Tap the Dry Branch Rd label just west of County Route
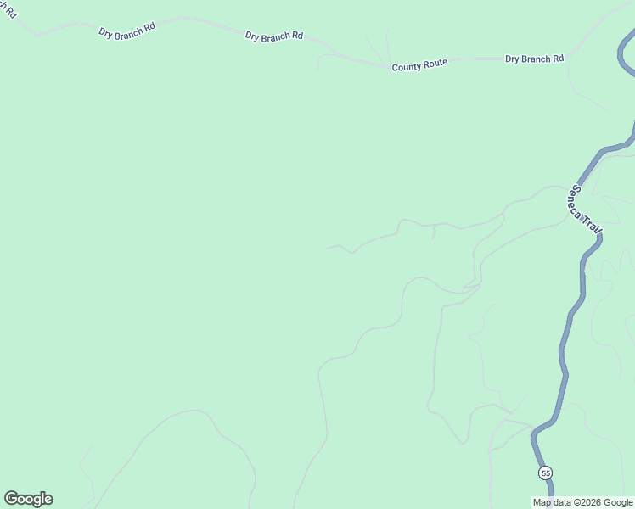tap(273, 36)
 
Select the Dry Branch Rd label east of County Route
tap(534, 59)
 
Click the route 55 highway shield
tap(545, 473)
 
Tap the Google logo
tap(28, 499)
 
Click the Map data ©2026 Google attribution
tap(582, 502)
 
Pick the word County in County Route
tap(407, 66)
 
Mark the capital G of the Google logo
tap(11, 499)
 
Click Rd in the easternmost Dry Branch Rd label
tap(558, 59)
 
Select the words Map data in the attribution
tap(552, 502)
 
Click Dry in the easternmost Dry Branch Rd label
tap(513, 59)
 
